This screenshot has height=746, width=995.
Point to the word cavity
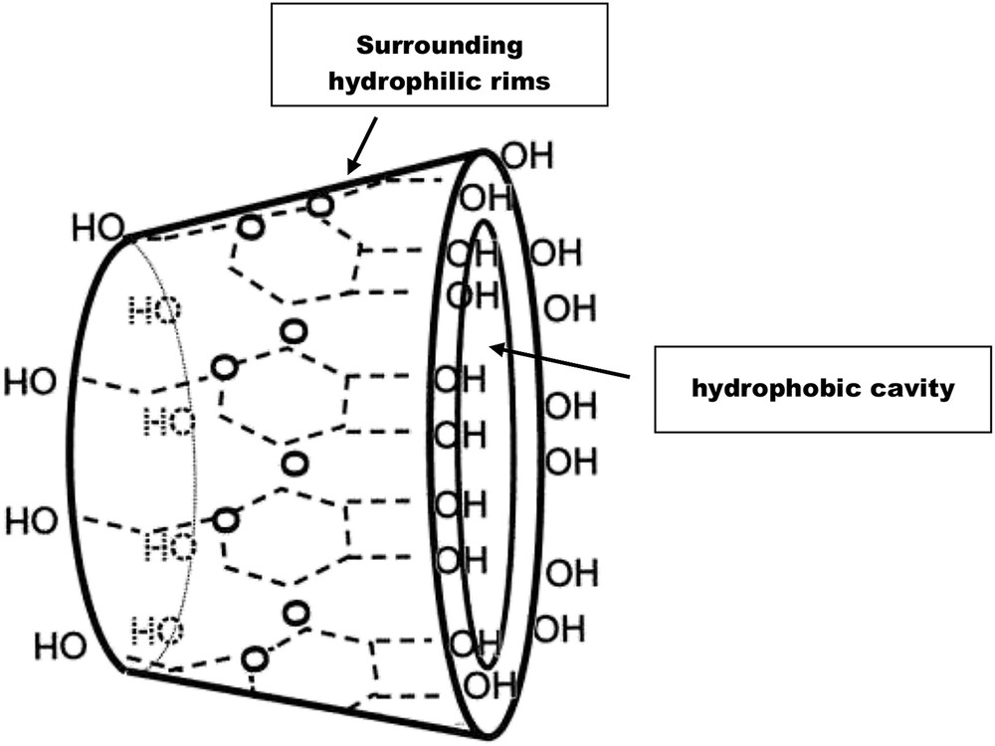point(911,388)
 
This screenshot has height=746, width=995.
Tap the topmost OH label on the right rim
point(525,156)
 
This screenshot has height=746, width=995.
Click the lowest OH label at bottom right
point(491,684)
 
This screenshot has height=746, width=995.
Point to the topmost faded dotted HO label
point(157,310)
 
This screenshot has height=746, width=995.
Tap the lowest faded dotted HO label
point(157,629)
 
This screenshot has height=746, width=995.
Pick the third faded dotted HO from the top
point(169,545)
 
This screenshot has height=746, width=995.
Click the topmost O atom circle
point(319,206)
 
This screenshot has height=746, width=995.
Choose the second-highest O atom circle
point(252,228)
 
